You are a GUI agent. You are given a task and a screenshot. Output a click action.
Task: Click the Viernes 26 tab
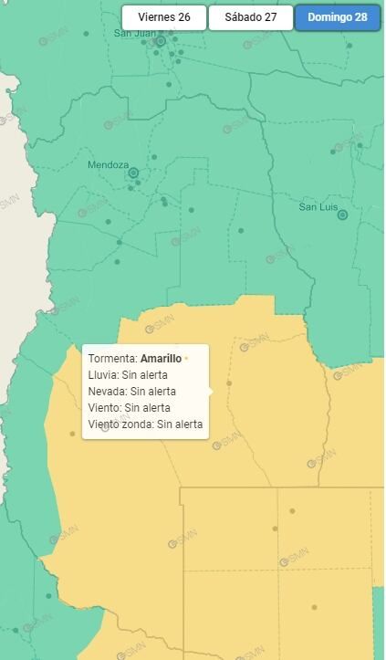163,17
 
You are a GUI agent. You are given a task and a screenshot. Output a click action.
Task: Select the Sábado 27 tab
250,17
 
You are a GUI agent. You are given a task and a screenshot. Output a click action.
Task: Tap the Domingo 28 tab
337,17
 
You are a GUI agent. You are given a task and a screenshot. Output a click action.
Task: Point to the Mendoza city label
108,165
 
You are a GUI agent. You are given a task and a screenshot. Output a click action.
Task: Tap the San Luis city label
318,207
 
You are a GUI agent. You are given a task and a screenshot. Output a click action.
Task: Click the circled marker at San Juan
161,41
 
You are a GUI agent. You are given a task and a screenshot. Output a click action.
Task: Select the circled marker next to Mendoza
133,173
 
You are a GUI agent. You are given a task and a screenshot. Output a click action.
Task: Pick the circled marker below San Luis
343,215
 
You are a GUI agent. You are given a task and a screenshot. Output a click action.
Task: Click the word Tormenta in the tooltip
112,359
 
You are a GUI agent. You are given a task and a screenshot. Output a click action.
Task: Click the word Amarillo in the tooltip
161,359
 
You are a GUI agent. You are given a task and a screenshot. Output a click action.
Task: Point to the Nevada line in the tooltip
131,392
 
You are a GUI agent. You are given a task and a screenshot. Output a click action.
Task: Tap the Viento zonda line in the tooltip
145,424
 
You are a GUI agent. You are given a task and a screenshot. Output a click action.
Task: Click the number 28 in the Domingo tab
361,17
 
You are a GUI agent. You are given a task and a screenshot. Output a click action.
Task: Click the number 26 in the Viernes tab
183,17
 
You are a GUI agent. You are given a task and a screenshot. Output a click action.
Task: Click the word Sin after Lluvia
130,375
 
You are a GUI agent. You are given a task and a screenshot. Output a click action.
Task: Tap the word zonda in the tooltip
139,424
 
